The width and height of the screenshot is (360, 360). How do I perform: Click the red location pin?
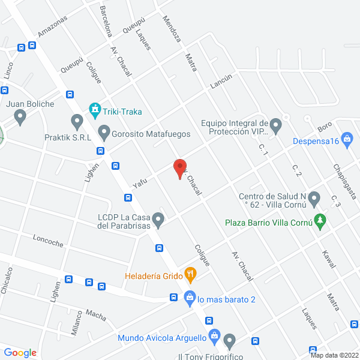click(x=179, y=167)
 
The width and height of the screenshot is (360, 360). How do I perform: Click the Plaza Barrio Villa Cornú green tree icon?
click(x=320, y=221)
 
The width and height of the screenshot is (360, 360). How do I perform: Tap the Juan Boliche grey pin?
click(x=21, y=117)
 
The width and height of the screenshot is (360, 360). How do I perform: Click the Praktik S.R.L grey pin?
click(x=77, y=122)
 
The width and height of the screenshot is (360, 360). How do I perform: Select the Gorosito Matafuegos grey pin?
click(x=104, y=131)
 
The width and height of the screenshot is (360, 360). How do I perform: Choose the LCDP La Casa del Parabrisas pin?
click(x=158, y=220)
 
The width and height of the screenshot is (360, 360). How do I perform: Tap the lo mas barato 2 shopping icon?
click(x=190, y=297)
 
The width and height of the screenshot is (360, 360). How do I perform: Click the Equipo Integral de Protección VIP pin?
click(x=275, y=125)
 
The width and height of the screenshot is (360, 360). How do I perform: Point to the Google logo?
click(x=20, y=353)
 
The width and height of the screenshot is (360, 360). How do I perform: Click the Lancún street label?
click(x=221, y=82)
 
